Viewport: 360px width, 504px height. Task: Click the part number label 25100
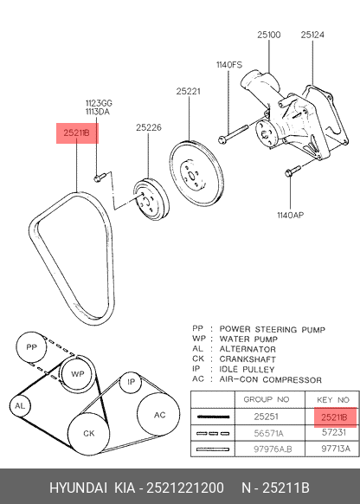[269, 35]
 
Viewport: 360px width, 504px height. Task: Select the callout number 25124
[312, 35]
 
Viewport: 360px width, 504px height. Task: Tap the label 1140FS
[229, 65]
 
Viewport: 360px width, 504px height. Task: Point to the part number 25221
[188, 91]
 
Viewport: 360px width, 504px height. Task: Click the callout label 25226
[148, 127]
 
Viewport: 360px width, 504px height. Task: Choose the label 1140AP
[290, 215]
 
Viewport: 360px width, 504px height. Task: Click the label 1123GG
[99, 103]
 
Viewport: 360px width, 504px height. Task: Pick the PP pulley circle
[31, 347]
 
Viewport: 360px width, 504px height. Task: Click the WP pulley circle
[77, 374]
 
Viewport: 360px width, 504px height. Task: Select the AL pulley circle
[20, 406]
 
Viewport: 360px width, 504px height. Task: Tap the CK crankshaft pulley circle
[88, 434]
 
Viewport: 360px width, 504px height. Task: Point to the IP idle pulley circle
[131, 382]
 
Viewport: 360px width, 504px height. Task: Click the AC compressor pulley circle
[158, 415]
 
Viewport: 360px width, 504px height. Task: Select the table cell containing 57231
[332, 433]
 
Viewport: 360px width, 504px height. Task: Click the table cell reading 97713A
[332, 449]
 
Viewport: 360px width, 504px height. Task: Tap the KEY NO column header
[332, 400]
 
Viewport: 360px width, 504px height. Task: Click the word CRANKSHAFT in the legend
[247, 359]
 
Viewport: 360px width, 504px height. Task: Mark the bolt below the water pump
[292, 171]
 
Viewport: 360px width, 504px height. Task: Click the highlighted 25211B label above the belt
[77, 132]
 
